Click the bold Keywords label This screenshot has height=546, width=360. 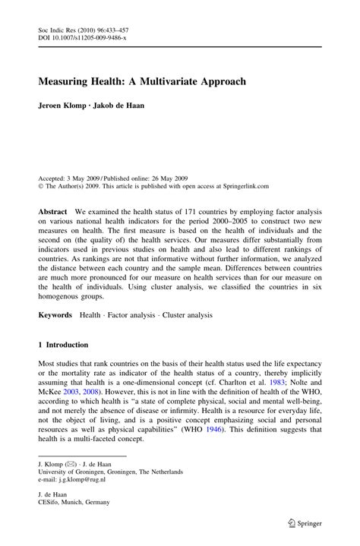pyautogui.click(x=55, y=314)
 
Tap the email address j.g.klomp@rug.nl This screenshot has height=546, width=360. pyautogui.click(x=84, y=479)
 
